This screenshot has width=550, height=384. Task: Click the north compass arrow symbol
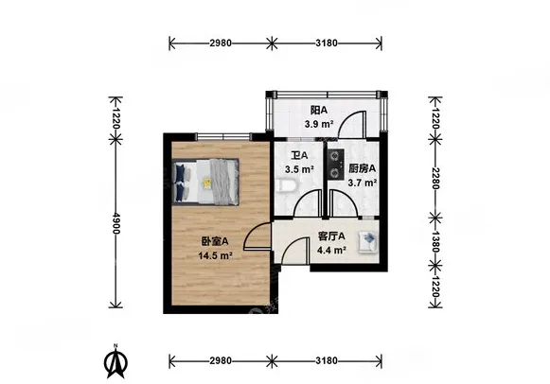[115, 362]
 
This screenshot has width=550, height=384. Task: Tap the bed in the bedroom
[206, 182]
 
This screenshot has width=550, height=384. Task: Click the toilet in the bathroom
[287, 186]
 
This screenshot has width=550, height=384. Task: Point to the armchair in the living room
[367, 242]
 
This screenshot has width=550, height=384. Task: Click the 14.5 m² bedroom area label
[216, 255]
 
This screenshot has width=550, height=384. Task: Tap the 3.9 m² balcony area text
[318, 124]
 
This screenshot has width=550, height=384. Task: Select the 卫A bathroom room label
[299, 155]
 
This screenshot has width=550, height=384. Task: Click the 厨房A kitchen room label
[362, 168]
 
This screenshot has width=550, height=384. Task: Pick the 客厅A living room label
[331, 236]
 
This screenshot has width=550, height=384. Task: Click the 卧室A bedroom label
[215, 241]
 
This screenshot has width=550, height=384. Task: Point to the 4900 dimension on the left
[116, 223]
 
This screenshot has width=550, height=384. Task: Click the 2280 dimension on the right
[435, 178]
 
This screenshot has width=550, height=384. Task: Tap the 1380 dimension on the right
[435, 241]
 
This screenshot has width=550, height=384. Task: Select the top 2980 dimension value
[221, 44]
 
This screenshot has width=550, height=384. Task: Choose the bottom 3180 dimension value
[327, 360]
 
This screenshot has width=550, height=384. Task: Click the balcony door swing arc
[347, 119]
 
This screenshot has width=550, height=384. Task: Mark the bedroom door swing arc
[254, 231]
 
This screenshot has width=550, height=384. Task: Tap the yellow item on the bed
[207, 183]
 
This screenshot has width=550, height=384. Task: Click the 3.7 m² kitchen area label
[363, 183]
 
